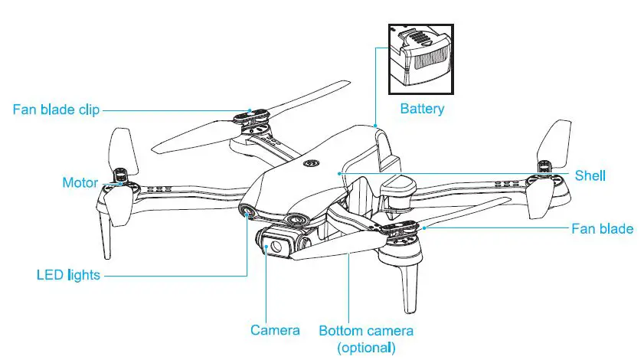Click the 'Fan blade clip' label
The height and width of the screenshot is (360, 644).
(57, 109)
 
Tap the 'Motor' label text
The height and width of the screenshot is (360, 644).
(80, 182)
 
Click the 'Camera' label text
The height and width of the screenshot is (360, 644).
(275, 330)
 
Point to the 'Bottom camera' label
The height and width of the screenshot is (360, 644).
(366, 330)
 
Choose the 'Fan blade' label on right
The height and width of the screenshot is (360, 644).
(603, 228)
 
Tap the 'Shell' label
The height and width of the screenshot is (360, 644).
(590, 175)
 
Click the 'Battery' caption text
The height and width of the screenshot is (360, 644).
(422, 109)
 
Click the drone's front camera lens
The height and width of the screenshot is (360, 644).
(272, 247)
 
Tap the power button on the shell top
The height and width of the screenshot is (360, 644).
(312, 162)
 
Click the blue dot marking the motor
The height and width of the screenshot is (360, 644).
(121, 183)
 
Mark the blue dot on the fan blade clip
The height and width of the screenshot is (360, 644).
(250, 110)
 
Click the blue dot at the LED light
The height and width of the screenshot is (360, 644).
(247, 217)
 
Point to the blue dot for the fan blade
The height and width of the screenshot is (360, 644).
(423, 227)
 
